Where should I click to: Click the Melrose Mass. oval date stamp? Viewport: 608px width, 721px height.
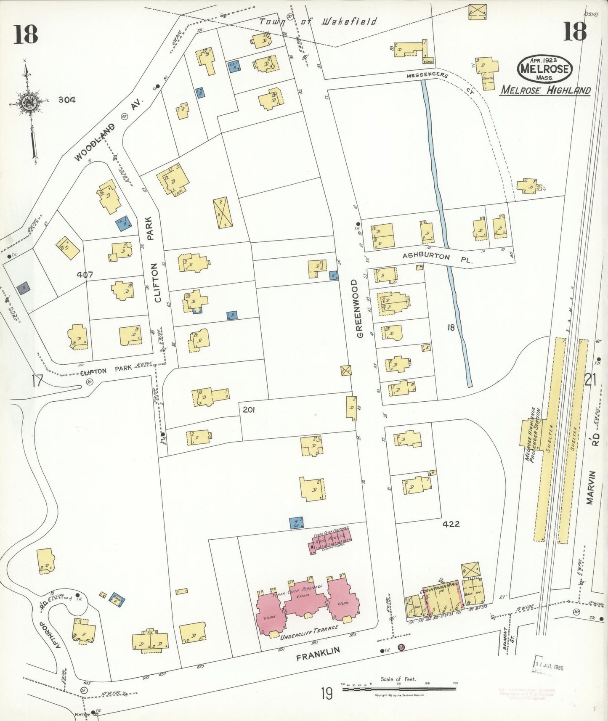[x=545, y=69]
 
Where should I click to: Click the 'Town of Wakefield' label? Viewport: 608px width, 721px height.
[x=318, y=21]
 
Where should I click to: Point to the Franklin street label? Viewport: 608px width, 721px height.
[x=318, y=654]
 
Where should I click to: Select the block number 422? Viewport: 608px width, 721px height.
[x=451, y=524]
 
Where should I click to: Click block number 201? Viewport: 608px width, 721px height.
[x=249, y=409]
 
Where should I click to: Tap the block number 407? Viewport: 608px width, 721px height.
[x=85, y=275]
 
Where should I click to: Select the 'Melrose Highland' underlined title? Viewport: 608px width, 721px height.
[x=545, y=90]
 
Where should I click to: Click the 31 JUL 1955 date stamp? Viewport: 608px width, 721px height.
[x=549, y=667]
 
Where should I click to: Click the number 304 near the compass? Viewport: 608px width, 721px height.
[x=67, y=100]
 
